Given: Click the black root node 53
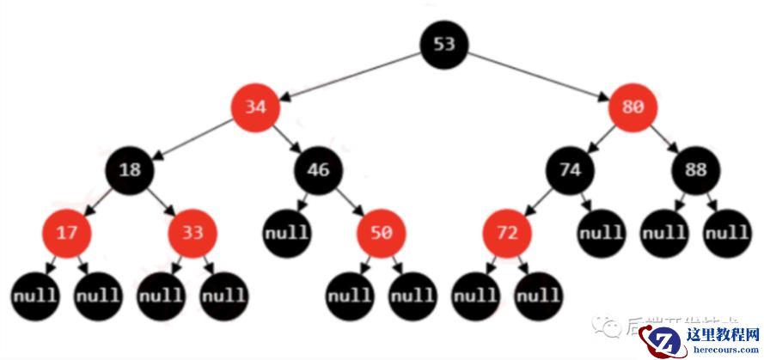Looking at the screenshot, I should point(444,43).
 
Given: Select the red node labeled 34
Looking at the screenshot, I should point(254,107).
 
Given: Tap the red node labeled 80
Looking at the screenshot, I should point(633,107).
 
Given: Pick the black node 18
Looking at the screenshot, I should point(130,169).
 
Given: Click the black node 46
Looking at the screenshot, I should point(318,169).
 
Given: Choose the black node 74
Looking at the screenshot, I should point(570,169).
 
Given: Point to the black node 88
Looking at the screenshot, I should point(696,169).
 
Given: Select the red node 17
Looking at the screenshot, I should point(66,233).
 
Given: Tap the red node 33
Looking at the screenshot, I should point(193,233).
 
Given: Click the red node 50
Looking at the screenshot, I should point(382,233).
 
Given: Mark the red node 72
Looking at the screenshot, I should point(507,233).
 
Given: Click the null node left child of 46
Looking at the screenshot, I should point(287,233).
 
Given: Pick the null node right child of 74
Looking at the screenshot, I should point(601,233).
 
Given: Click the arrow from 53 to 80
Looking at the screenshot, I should point(539,75).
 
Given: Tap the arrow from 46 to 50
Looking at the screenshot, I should point(350,201).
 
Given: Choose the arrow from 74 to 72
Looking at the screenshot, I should point(539,201).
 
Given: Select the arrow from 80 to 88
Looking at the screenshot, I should point(664,138).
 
